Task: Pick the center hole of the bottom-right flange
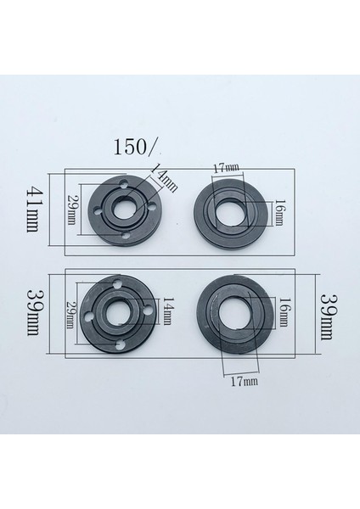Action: pyautogui.click(x=233, y=319)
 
